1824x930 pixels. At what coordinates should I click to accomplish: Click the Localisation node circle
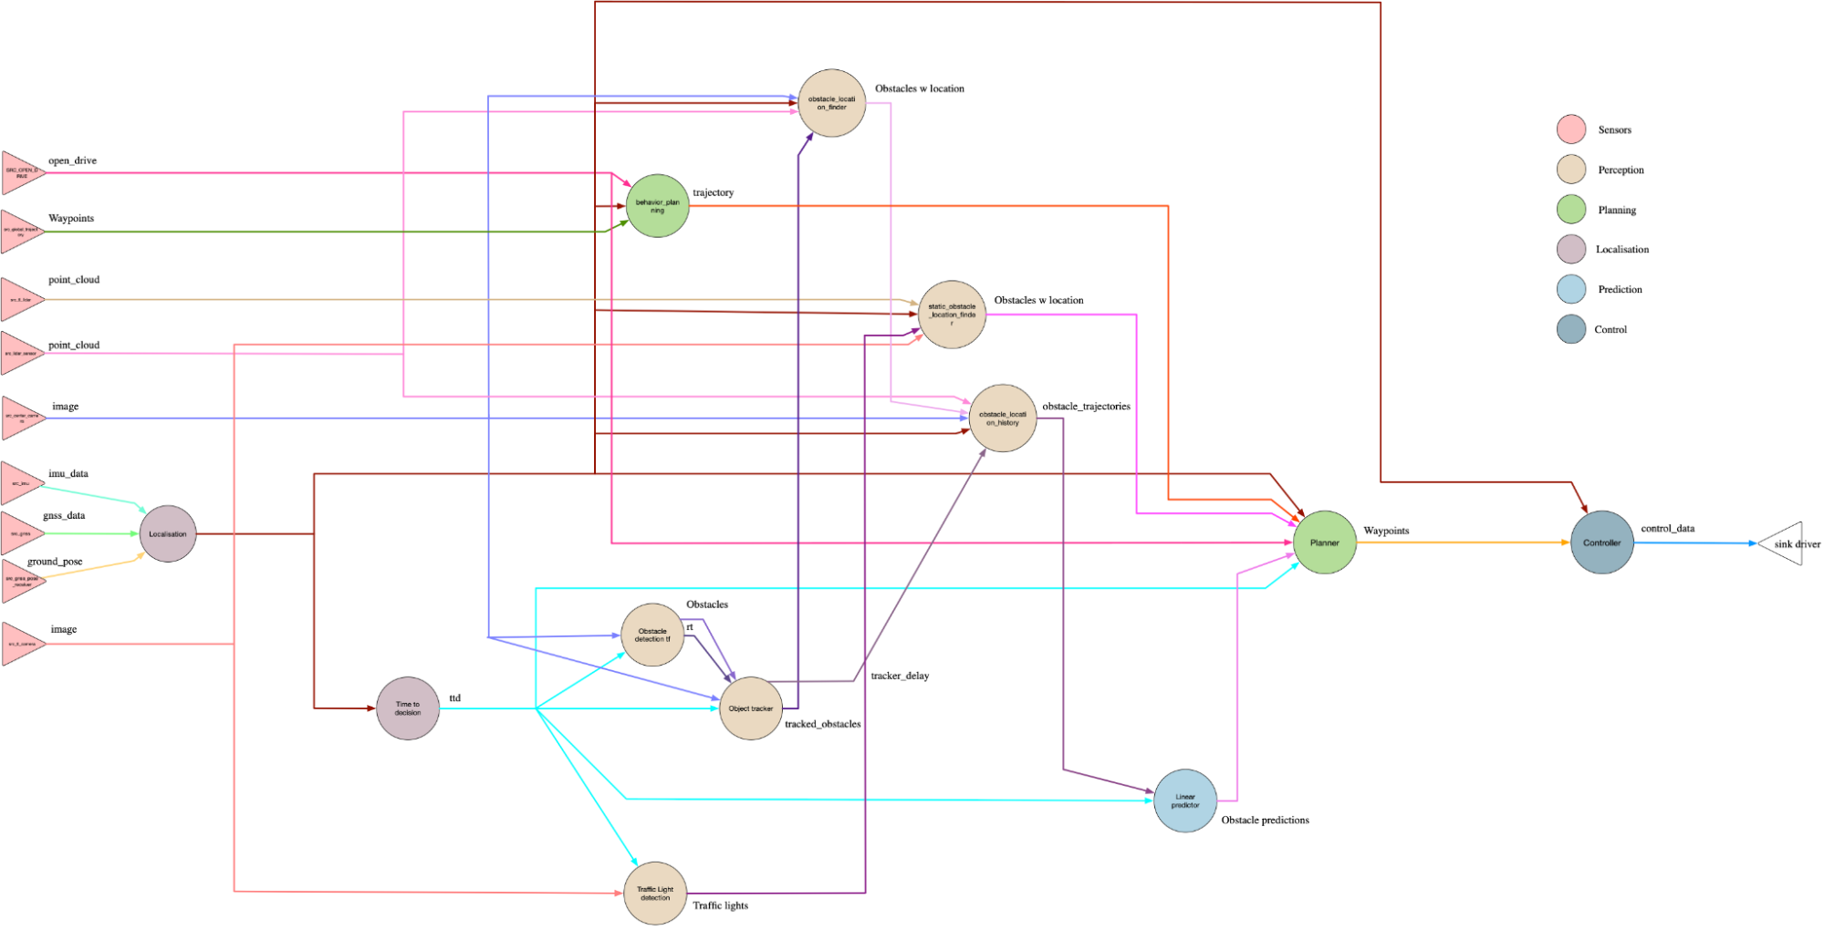[x=168, y=533]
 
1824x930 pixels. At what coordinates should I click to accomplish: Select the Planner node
[x=1325, y=542]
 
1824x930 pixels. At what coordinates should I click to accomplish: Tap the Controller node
[x=1602, y=542]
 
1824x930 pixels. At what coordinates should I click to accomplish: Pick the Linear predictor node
[x=1185, y=801]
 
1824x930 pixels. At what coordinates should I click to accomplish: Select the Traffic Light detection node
[x=655, y=893]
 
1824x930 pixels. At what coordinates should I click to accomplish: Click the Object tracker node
[x=751, y=708]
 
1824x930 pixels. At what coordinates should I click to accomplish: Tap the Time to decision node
[x=408, y=708]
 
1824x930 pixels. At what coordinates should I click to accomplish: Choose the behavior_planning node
[x=657, y=206]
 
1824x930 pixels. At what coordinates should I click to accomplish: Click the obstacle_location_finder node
[x=831, y=103]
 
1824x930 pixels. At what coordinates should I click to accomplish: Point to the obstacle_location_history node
[x=1003, y=418]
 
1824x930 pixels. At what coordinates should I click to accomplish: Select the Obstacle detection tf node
[x=652, y=635]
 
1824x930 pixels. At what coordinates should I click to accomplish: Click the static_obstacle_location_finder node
[x=952, y=315]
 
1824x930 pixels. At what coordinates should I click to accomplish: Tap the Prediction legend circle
[x=1571, y=289]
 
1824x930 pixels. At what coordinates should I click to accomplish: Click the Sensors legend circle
[x=1571, y=129]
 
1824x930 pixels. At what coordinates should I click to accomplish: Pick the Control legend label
[x=1610, y=329]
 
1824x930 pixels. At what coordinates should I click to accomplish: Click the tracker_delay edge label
[x=900, y=676]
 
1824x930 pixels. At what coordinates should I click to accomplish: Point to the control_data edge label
[x=1667, y=528]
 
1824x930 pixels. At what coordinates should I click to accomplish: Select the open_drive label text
[x=72, y=160]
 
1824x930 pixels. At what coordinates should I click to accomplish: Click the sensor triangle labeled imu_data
[x=20, y=483]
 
